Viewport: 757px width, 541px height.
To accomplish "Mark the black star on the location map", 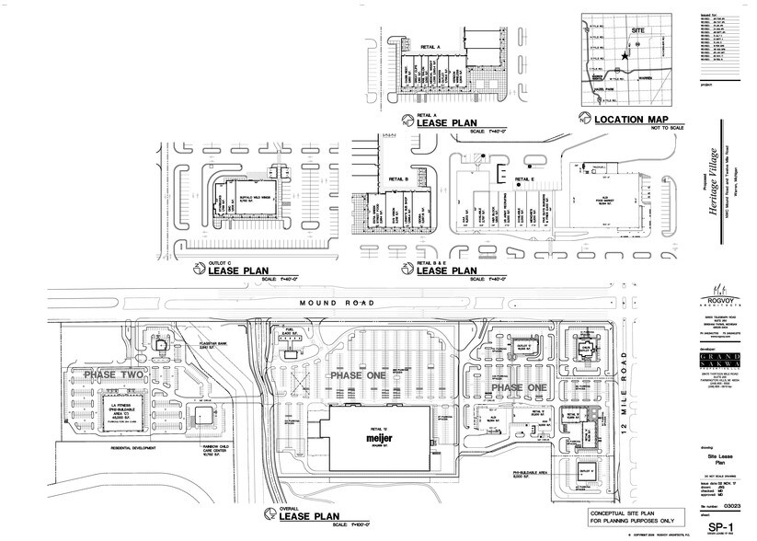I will (x=625, y=57).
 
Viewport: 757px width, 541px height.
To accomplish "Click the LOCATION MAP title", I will (x=630, y=120).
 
